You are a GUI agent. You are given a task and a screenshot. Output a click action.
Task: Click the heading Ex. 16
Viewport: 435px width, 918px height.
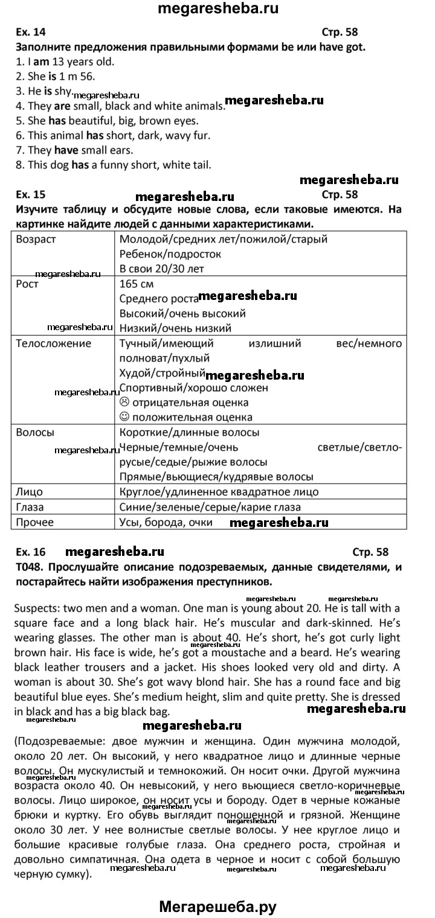tap(30, 552)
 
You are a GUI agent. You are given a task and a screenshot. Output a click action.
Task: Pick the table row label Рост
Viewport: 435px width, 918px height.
tap(27, 284)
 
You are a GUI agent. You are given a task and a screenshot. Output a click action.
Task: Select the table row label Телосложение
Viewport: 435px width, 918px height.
tap(54, 344)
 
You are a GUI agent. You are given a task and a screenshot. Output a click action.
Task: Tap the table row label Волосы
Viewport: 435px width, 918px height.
tap(35, 433)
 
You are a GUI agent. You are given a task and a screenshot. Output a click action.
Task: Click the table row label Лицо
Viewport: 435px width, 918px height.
tap(29, 492)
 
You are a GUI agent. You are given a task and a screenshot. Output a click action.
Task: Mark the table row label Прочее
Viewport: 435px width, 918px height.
tap(34, 522)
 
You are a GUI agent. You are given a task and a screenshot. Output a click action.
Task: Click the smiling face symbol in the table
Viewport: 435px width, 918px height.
tap(125, 417)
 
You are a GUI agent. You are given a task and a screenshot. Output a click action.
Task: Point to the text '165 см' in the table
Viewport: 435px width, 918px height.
tap(138, 284)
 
